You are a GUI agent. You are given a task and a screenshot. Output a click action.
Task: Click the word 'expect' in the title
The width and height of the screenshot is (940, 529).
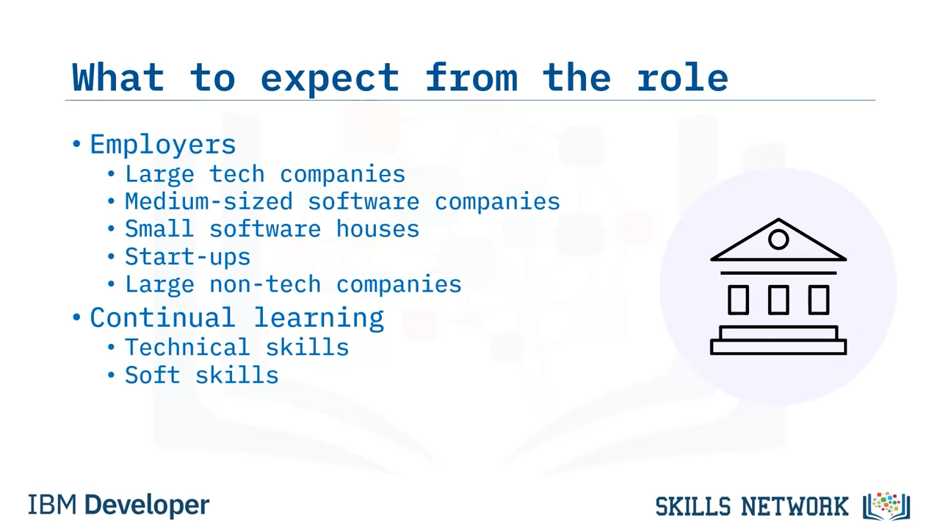point(330,79)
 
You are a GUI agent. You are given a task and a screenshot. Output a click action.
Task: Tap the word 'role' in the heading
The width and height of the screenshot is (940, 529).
point(683,76)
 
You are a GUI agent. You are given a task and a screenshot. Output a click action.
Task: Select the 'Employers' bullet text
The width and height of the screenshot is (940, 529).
point(163,145)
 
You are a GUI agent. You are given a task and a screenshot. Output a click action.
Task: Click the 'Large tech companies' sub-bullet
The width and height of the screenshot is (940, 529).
point(265,174)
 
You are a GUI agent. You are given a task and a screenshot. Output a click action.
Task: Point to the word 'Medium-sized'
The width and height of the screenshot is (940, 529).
point(209,201)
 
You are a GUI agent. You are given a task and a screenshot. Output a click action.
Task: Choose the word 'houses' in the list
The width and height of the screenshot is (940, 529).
point(377,228)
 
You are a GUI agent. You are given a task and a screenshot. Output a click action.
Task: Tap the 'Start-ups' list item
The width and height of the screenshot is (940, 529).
point(187,257)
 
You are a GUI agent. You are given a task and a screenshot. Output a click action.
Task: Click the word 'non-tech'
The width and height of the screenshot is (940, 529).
point(265,284)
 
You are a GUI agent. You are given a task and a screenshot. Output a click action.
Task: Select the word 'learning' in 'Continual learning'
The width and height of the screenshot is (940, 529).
point(319,318)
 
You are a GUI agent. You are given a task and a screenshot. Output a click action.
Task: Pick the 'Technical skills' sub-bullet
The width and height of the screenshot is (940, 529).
point(237,348)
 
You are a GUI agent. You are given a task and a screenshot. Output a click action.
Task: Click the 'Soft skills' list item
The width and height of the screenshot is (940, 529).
point(202,375)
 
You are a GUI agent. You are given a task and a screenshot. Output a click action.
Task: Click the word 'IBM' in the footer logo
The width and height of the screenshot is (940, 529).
point(52,505)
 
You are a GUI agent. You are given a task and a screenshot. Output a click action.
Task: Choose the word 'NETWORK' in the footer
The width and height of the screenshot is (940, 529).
point(795,506)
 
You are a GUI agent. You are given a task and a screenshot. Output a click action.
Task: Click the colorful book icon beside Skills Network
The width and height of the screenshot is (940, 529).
point(886,506)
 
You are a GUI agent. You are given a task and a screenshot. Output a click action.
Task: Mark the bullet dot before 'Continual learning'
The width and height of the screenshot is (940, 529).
point(76,317)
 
